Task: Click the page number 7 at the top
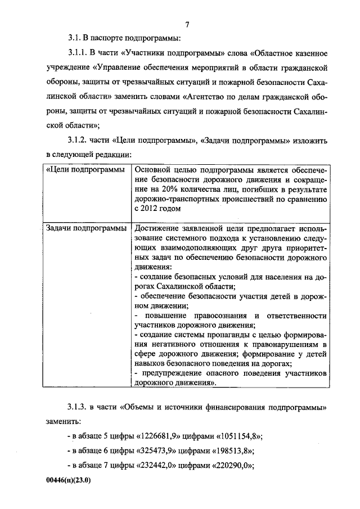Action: point(187,24)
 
